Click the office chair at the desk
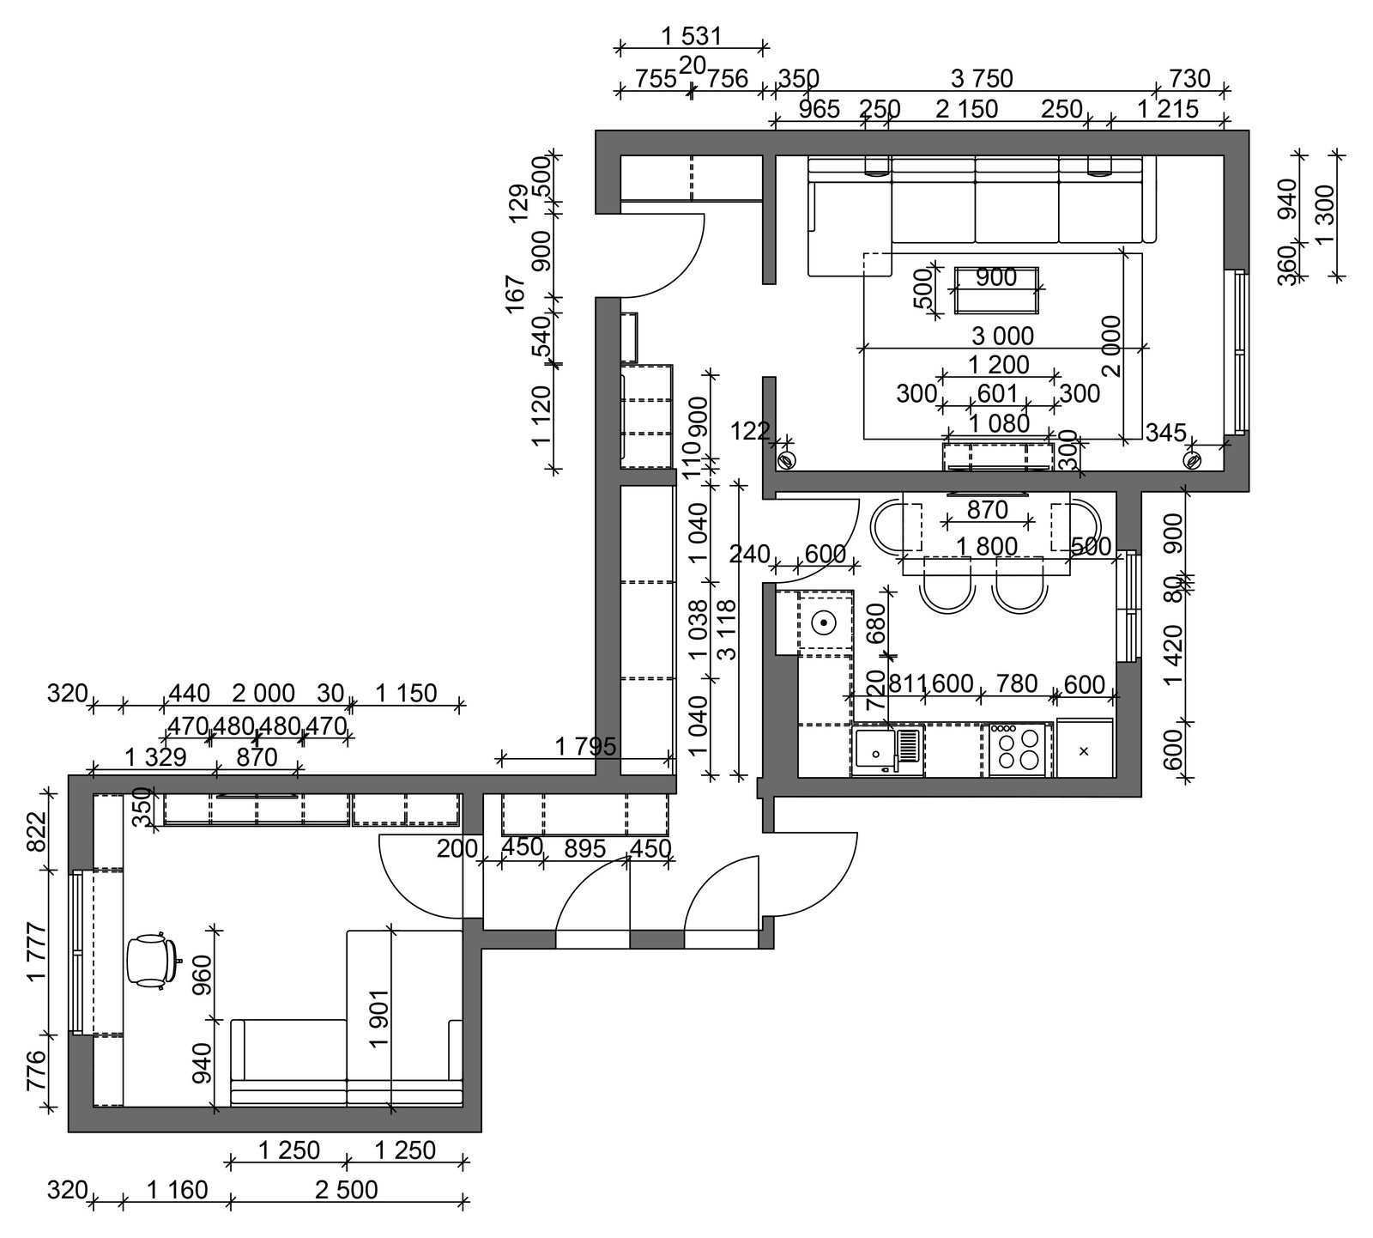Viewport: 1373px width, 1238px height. point(153,961)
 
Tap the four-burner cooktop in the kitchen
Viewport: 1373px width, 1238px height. point(1017,750)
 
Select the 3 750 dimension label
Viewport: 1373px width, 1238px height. point(982,79)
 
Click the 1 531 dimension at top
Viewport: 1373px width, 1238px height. point(692,36)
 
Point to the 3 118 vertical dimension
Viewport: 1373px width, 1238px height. point(726,629)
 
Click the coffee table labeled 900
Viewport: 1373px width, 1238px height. point(996,290)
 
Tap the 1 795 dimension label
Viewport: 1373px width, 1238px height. point(585,746)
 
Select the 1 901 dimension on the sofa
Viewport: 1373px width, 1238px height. point(378,1019)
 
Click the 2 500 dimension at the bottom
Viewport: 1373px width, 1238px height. point(347,1189)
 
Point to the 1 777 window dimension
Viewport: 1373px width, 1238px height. point(35,951)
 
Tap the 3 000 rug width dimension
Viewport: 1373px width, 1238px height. point(1002,336)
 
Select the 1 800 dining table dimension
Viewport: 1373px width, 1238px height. point(987,546)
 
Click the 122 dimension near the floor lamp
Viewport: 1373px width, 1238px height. point(750,431)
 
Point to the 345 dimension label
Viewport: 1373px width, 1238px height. point(1165,433)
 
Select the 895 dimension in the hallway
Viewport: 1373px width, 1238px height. point(585,847)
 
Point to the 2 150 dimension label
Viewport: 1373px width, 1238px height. point(966,109)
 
